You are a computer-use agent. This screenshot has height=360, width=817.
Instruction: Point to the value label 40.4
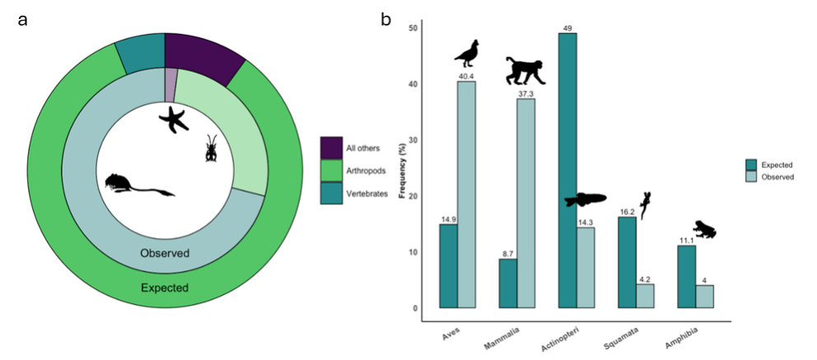467,76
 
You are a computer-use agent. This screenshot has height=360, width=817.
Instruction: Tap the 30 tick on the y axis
413,140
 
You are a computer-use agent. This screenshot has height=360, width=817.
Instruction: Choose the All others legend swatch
331,147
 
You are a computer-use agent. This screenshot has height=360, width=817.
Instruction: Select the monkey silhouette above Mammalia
525,71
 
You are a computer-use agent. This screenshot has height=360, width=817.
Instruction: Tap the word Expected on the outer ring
165,288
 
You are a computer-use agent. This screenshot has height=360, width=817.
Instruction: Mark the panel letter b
385,19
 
